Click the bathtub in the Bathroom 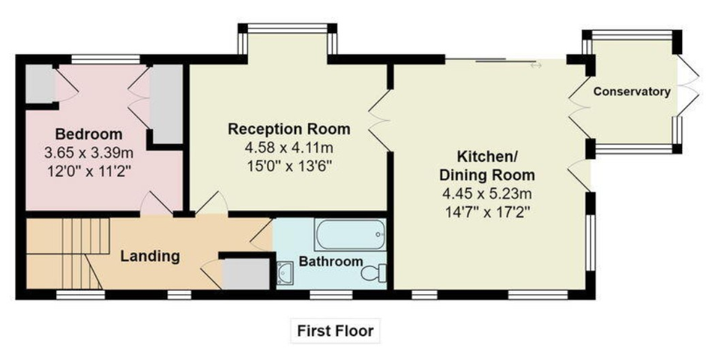click(x=350, y=235)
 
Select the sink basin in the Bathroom click(x=286, y=273)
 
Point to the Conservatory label click(x=632, y=91)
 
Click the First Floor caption click(x=335, y=330)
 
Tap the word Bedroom click(x=88, y=135)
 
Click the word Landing click(x=150, y=256)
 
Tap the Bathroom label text click(x=331, y=262)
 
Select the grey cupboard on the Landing click(x=246, y=273)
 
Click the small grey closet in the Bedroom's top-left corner click(x=39, y=85)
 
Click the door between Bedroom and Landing click(x=157, y=203)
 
